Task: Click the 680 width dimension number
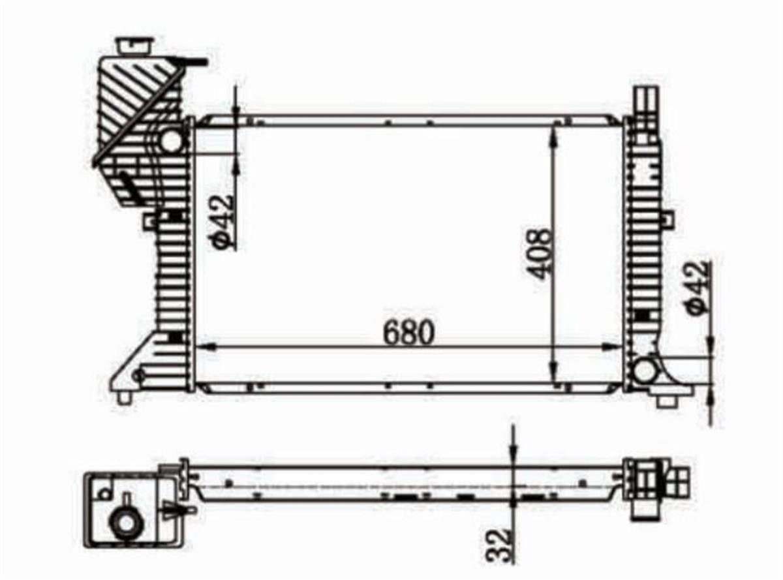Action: pyautogui.click(x=408, y=333)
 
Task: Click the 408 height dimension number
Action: pyautogui.click(x=541, y=253)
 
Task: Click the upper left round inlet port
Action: pyautogui.click(x=172, y=140)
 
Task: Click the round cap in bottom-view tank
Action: pyautogui.click(x=125, y=522)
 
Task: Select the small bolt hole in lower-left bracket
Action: pyautogui.click(x=138, y=375)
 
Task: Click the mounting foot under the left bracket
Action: pyautogui.click(x=124, y=397)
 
